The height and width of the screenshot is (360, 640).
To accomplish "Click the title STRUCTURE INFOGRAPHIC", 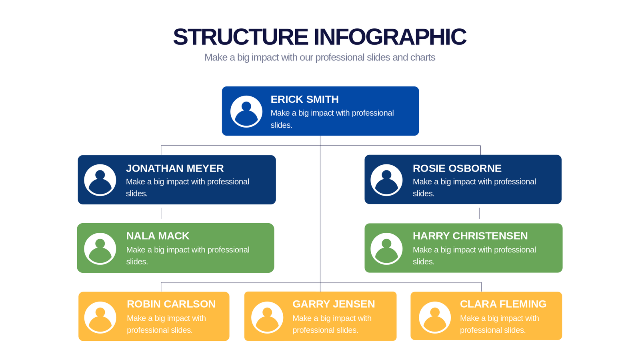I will [x=320, y=37].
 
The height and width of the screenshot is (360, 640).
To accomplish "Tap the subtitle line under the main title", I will [x=320, y=58].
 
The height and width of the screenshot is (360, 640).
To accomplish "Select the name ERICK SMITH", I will [x=304, y=99].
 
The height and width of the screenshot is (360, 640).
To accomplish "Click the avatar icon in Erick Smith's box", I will [x=246, y=112].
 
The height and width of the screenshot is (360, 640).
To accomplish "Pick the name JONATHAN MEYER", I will [x=175, y=168].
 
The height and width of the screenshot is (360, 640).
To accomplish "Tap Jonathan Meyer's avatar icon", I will [x=100, y=180].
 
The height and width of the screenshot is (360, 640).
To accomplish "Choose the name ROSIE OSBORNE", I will [x=457, y=168].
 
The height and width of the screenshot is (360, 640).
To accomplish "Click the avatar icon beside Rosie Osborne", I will [x=386, y=180].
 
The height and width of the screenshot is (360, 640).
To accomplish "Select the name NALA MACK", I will [x=158, y=236].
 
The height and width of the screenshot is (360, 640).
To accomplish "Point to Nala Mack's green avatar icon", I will [x=100, y=248].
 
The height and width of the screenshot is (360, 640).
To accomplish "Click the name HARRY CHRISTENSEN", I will [x=470, y=236].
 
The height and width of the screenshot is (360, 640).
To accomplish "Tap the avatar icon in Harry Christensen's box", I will [x=386, y=248].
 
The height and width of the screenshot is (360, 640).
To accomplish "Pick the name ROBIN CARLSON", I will [x=171, y=304].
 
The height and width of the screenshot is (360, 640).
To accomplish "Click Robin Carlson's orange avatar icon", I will [x=100, y=317].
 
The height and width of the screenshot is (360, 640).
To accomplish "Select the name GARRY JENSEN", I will [x=334, y=304].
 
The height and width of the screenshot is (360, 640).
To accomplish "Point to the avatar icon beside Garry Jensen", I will [x=267, y=317].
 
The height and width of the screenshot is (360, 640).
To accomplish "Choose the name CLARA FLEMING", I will [x=503, y=304].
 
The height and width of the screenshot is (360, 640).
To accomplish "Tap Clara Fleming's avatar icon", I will [x=435, y=317].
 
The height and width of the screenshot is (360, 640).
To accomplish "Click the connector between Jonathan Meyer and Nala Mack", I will [x=161, y=213].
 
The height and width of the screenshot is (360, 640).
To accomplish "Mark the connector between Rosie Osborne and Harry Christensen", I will [x=480, y=213].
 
